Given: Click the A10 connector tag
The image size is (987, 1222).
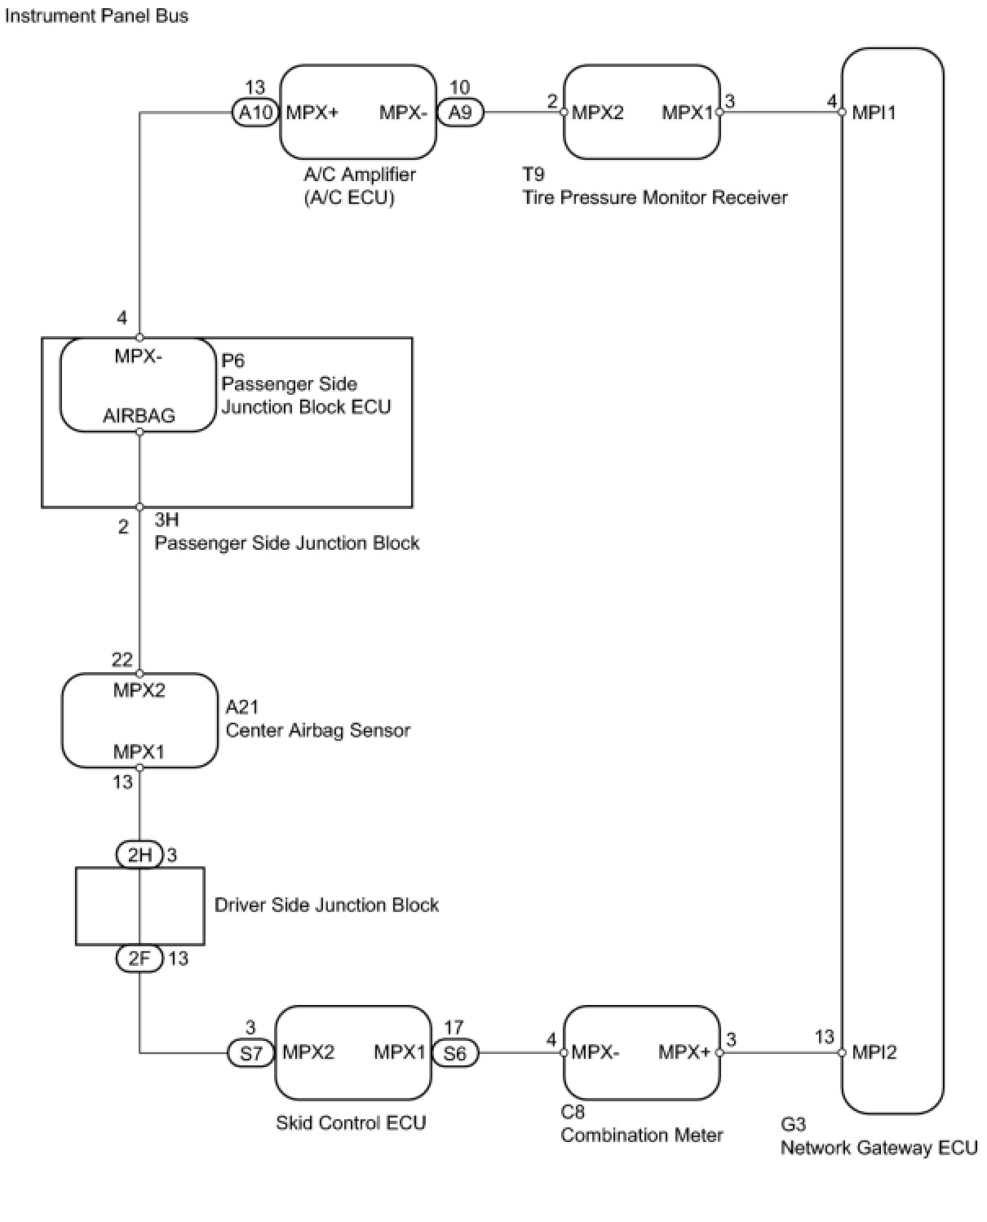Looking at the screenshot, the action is (x=255, y=113).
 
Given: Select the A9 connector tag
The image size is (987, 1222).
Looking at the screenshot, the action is (x=460, y=113).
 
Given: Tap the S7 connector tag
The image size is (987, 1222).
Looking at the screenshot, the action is (x=251, y=1053).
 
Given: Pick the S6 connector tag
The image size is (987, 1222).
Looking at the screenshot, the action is (x=455, y=1053).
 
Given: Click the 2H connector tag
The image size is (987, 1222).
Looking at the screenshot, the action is (x=139, y=855).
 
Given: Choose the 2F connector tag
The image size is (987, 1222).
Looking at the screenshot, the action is (x=139, y=959).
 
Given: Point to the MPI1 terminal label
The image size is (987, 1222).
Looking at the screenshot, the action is (x=874, y=113).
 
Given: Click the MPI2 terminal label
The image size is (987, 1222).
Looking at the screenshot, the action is (x=874, y=1052).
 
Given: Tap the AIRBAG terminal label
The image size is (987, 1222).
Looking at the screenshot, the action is (x=139, y=415).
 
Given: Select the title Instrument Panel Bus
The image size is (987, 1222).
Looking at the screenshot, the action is (x=96, y=15).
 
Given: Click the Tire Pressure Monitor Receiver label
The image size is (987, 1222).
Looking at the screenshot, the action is (x=654, y=197).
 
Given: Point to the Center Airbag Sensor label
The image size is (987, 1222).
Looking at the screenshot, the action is (x=318, y=730).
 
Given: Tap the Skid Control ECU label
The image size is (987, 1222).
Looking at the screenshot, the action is (x=351, y=1122).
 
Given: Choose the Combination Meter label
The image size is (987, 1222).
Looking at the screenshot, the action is (x=641, y=1136).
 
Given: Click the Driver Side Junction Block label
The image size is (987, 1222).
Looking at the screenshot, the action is (x=326, y=905).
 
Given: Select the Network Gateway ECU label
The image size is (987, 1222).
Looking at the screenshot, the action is (x=879, y=1148).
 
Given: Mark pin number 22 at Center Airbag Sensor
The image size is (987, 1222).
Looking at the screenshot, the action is (x=122, y=660).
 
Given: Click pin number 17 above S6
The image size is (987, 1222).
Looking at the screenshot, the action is (x=454, y=1027).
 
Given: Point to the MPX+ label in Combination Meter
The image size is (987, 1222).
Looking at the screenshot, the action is (x=684, y=1052).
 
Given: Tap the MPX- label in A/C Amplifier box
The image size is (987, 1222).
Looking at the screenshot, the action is (x=403, y=113).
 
